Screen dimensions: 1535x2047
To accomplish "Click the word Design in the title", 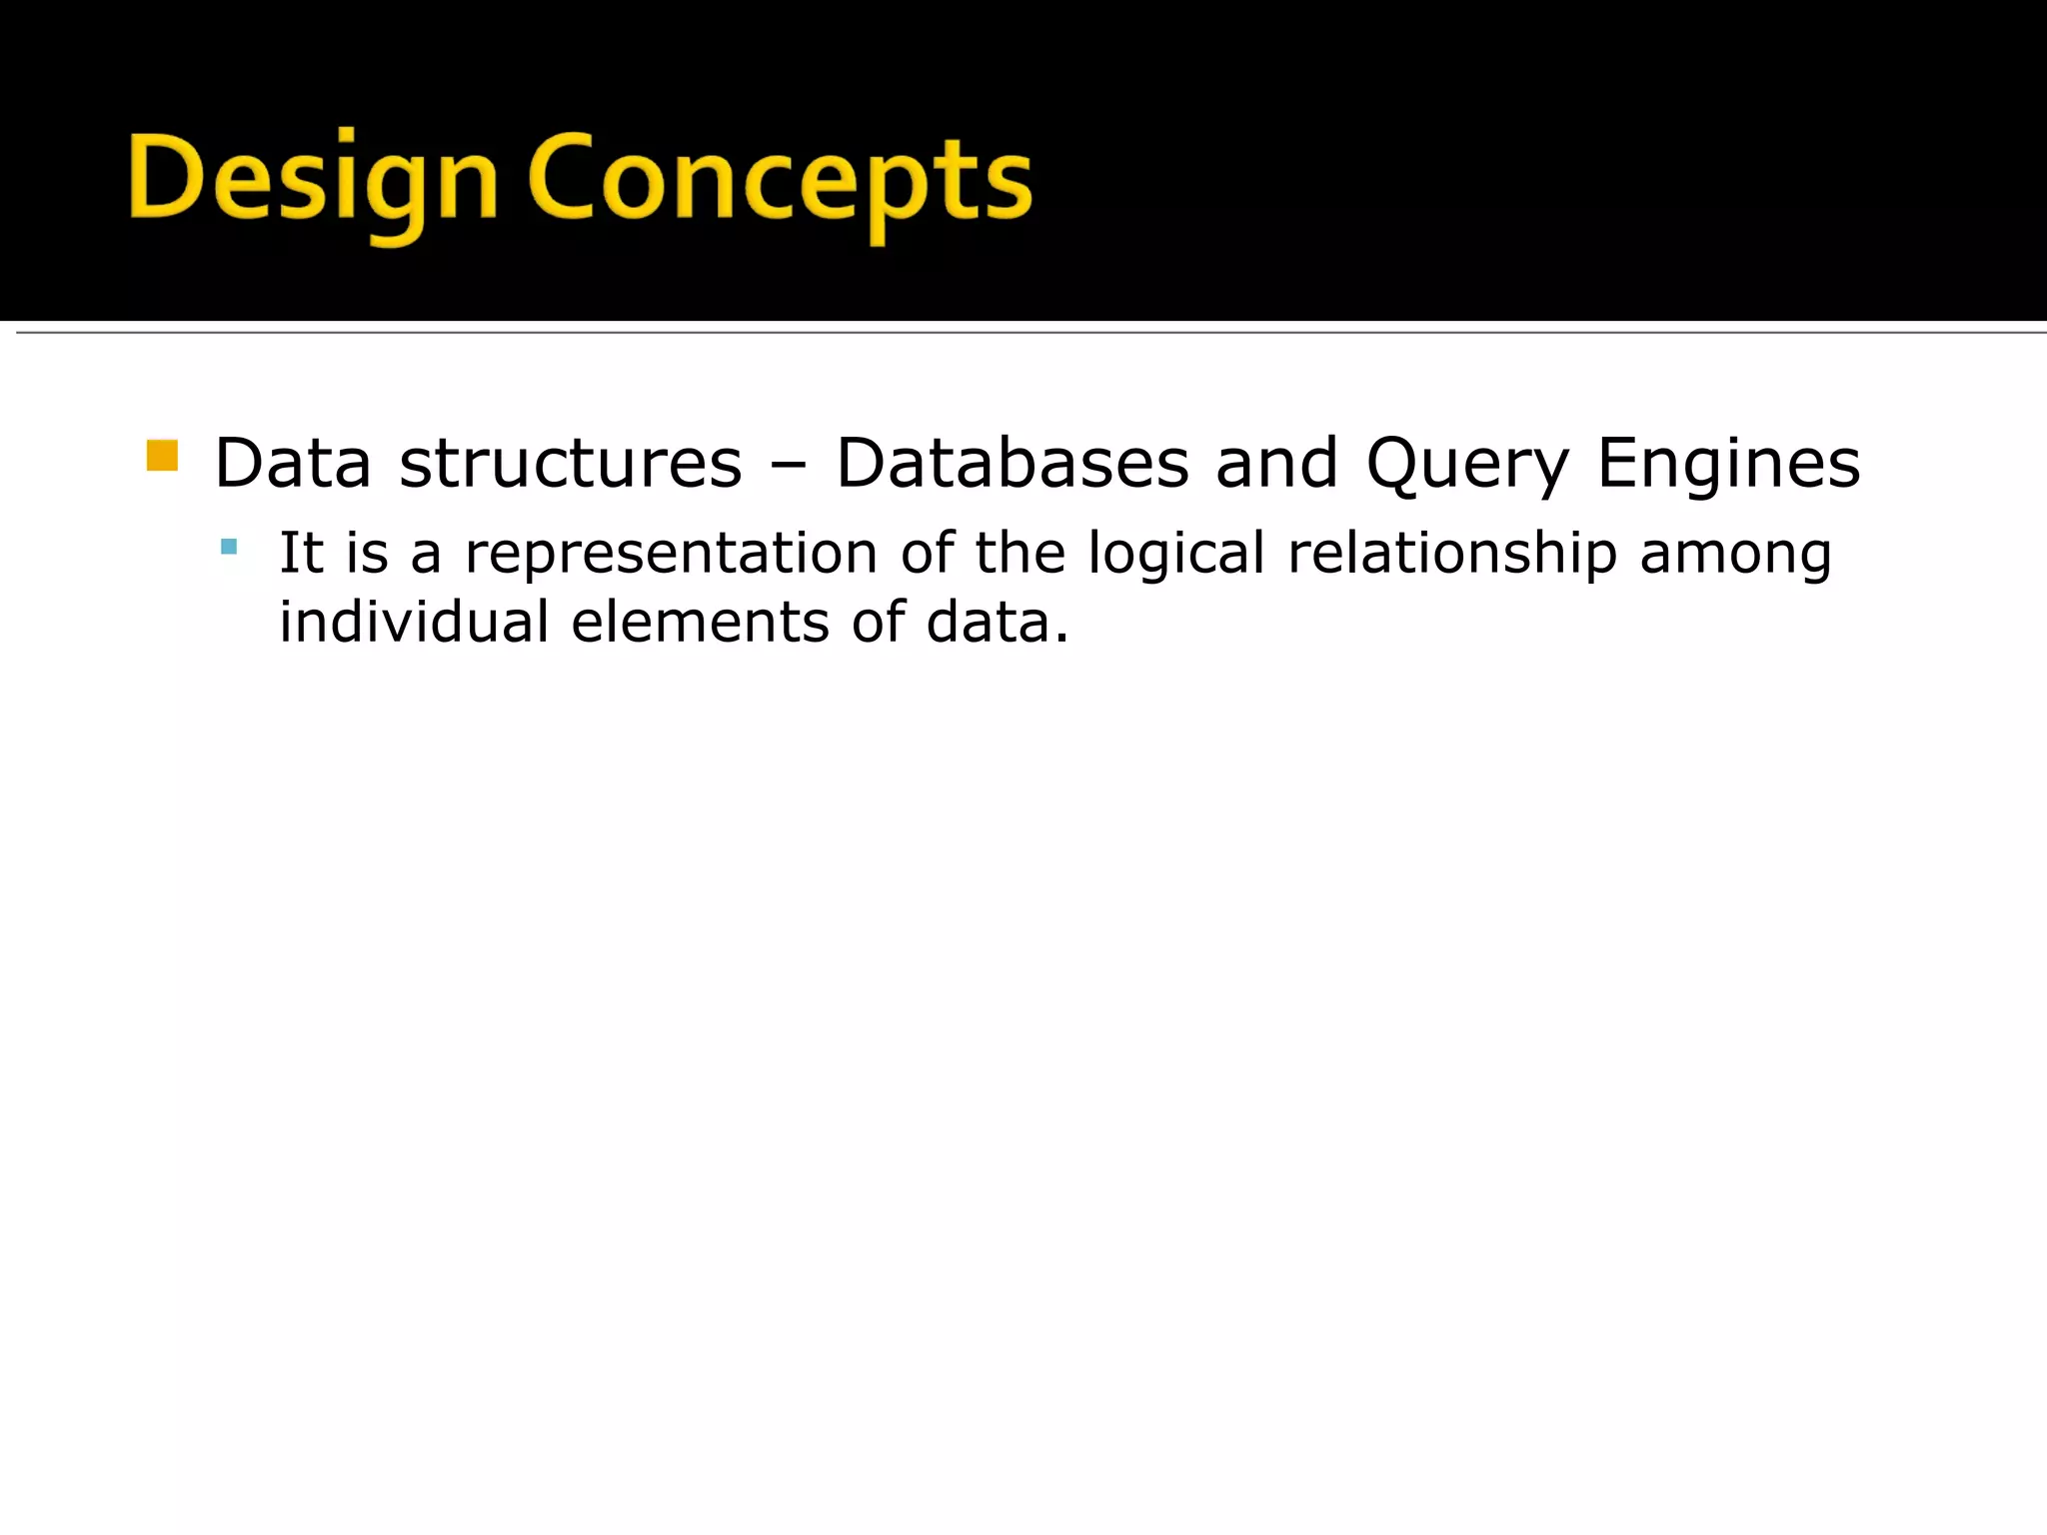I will pyautogui.click(x=312, y=180).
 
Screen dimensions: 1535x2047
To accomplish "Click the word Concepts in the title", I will pyautogui.click(x=780, y=180).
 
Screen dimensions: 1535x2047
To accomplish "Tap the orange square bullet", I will pyautogui.click(x=162, y=456).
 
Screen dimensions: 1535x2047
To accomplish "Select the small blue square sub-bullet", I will pyautogui.click(x=229, y=547).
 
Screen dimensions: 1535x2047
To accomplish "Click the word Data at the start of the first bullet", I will pyautogui.click(x=292, y=464).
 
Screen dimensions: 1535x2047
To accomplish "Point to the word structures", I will pyautogui.click(x=571, y=464).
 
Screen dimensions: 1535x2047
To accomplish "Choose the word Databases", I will pyautogui.click(x=1013, y=464).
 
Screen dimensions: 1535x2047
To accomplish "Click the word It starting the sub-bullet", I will pyautogui.click(x=301, y=553).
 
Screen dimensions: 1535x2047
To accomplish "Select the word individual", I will pyautogui.click(x=414, y=622).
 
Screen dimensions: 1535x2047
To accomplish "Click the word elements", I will pyautogui.click(x=700, y=622).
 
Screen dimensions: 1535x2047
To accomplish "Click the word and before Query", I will pyautogui.click(x=1276, y=464).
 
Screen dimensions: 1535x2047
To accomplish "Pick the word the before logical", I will pyautogui.click(x=1020, y=553).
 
